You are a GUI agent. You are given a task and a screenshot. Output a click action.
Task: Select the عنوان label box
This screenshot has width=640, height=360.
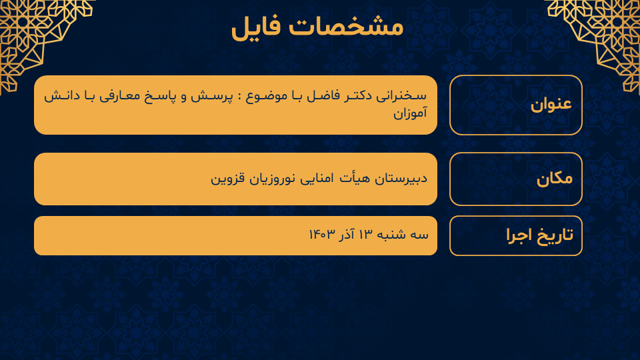tap(516, 105)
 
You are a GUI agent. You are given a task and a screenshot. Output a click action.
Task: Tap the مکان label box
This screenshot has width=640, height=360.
tap(516, 179)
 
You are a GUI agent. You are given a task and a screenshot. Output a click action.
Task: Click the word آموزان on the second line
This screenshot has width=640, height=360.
tap(410, 112)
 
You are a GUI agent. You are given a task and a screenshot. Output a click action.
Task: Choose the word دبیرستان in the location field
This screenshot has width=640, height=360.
tap(401, 179)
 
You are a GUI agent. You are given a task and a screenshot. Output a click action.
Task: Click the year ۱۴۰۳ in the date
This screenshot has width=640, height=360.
tap(322, 234)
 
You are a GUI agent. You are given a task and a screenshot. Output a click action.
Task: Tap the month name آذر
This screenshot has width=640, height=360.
tap(347, 234)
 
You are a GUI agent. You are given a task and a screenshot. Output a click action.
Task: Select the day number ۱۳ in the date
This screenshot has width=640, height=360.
tap(366, 234)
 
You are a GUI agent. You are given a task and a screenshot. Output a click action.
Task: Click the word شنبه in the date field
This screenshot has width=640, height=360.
tap(391, 234)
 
